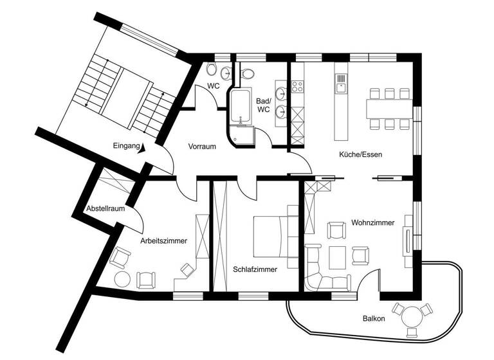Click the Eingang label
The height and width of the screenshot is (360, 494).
[125, 147]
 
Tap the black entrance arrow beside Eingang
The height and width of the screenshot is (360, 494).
[142, 148]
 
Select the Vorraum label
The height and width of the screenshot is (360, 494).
[201, 147]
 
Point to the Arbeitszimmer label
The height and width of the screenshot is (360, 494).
[163, 241]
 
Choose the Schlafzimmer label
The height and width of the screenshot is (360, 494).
[255, 270]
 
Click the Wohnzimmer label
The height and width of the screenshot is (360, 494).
[372, 222]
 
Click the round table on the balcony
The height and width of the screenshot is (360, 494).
[410, 316]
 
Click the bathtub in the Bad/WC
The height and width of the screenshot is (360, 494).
[242, 106]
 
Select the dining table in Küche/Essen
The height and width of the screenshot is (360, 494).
[388, 108]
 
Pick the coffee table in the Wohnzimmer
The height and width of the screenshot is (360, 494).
[337, 258]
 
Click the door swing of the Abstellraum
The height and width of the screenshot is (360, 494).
[137, 222]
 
